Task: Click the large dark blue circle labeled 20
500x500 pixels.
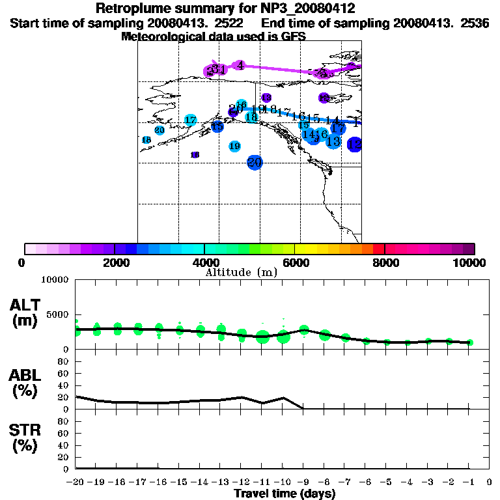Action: [x=255, y=162]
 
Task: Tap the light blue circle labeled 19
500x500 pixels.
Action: [x=234, y=146]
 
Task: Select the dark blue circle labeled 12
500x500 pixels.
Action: [x=355, y=145]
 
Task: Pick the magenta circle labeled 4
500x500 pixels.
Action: [x=240, y=65]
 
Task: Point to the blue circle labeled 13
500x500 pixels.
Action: [x=333, y=141]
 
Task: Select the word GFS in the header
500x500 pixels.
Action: [x=294, y=36]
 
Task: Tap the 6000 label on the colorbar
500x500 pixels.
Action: [x=295, y=262]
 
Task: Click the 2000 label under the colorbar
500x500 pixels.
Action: [x=115, y=262]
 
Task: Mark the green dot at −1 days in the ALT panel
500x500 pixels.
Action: [x=469, y=342]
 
